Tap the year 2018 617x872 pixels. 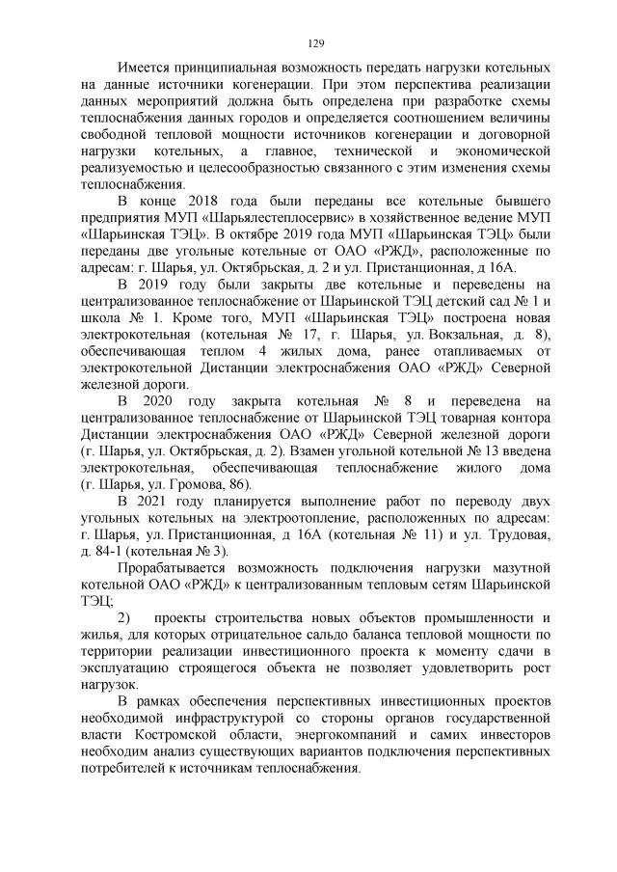pyautogui.click(x=213, y=202)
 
